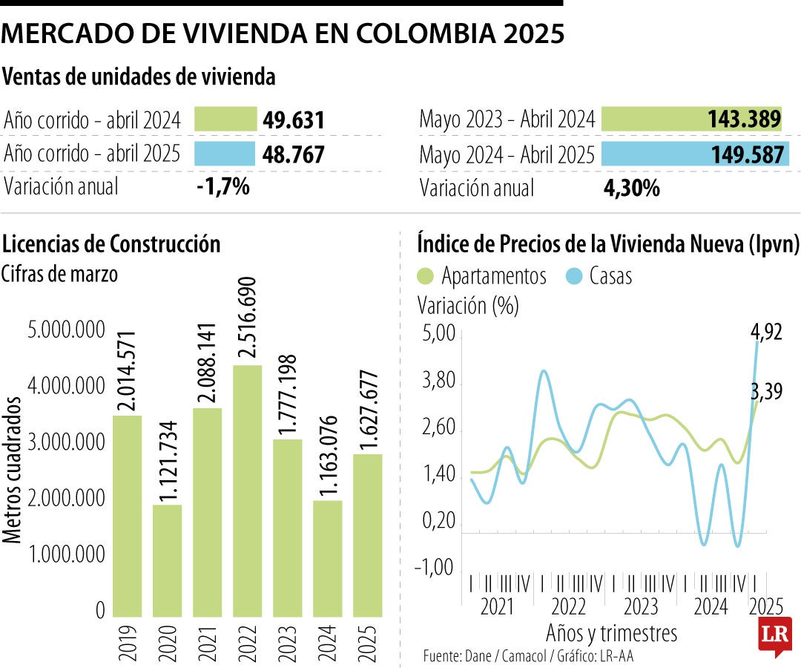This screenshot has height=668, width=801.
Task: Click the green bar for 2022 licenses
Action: pos(247,490)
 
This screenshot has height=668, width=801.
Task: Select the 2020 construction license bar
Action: pos(167,560)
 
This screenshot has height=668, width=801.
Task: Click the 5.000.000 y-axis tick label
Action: pos(66,330)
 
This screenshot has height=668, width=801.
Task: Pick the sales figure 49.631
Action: pos(294,120)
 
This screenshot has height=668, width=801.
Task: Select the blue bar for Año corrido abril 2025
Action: pos(225,154)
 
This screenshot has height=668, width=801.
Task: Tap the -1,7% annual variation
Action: pos(222,186)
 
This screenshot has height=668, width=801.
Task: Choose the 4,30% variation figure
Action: pos(631,188)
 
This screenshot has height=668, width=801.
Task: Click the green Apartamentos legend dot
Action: pos(425,276)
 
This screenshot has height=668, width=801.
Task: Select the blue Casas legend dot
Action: pos(573,276)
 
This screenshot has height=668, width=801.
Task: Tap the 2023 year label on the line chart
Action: pos(640,606)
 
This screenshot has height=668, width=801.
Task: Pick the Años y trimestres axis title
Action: pos(611,633)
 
